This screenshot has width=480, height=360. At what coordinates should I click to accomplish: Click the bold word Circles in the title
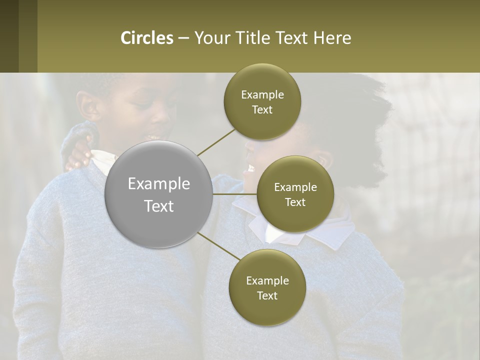click(147, 38)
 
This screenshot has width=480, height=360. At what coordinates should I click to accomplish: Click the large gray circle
click(158, 194)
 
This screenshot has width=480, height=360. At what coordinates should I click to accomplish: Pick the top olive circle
click(262, 102)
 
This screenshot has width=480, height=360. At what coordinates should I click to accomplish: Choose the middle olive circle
click(295, 194)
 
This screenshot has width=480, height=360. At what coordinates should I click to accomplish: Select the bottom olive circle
click(267, 287)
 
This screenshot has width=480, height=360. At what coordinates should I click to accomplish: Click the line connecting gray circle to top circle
click(216, 142)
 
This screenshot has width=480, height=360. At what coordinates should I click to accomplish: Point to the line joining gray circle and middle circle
click(235, 194)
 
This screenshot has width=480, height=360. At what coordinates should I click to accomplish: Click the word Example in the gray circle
click(158, 184)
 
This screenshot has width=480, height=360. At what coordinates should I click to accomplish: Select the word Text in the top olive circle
click(262, 110)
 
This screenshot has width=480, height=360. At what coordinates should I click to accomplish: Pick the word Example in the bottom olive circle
click(267, 281)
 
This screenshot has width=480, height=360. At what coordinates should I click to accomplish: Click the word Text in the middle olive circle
click(295, 202)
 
